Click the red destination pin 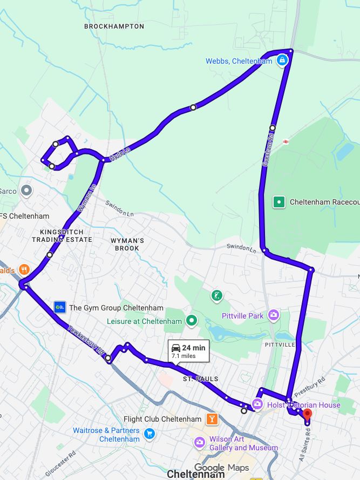(x=307, y=415)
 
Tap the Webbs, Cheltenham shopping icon (x=281, y=61)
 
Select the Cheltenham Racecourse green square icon (x=279, y=202)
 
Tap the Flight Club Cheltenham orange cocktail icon (x=212, y=419)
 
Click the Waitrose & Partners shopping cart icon (x=150, y=434)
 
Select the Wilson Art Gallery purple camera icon (x=200, y=443)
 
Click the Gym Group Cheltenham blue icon (x=59, y=308)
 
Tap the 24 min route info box (x=188, y=351)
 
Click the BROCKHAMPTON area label (x=114, y=26)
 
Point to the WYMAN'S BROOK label (x=127, y=244)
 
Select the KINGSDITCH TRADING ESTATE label (x=66, y=235)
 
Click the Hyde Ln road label (x=120, y=154)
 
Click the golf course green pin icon (x=216, y=295)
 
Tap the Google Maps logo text (x=222, y=468)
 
